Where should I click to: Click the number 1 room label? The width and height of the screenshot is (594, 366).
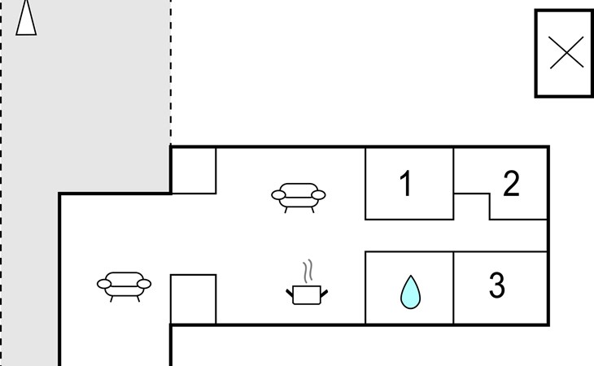(406, 185)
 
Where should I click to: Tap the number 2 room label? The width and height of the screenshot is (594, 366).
(511, 185)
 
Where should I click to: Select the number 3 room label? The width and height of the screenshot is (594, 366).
(497, 285)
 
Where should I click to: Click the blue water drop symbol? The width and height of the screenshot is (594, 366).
(410, 292)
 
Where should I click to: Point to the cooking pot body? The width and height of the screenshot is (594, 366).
(306, 294)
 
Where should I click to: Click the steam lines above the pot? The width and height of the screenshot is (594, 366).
(307, 270)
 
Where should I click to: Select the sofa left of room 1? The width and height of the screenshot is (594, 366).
(298, 195)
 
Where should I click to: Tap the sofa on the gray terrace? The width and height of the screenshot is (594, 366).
(124, 284)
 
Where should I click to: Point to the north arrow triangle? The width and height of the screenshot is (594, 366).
(26, 18)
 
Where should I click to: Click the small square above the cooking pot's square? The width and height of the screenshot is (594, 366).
(194, 170)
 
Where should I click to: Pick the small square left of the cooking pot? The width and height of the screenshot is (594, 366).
(194, 299)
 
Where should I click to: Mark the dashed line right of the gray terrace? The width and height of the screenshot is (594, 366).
(171, 73)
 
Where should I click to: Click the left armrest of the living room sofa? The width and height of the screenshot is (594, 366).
(277, 194)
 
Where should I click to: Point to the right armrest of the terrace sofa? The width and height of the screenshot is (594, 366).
(145, 283)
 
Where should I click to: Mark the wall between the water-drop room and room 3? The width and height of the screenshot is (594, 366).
(453, 288)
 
